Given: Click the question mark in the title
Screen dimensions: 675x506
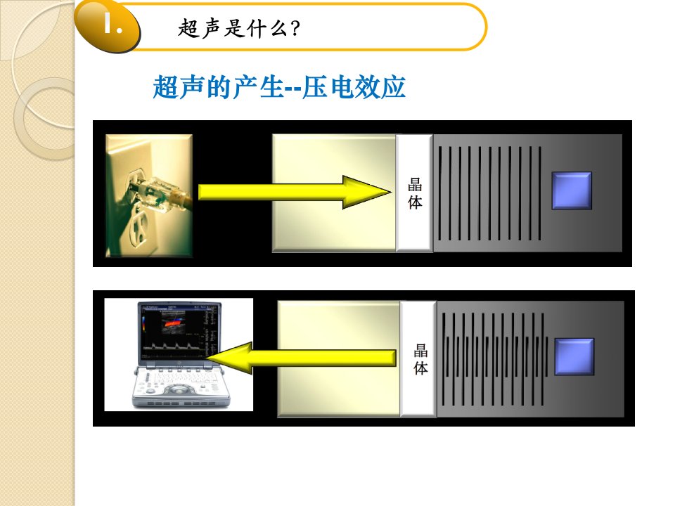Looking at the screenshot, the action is (x=295, y=29).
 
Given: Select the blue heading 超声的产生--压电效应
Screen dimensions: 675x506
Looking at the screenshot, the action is (x=279, y=87).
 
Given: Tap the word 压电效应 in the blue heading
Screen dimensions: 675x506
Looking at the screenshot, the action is (x=354, y=87).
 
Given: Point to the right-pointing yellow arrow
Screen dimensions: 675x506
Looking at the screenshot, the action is (x=295, y=192).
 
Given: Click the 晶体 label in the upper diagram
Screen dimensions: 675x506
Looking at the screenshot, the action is (x=415, y=194).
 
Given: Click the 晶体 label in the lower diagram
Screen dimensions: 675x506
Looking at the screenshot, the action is (x=420, y=359).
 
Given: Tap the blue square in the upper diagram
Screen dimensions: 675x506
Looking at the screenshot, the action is (x=572, y=190).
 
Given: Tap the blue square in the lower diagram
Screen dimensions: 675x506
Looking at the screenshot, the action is (x=574, y=356).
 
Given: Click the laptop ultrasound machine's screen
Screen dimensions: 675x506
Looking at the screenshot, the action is (x=180, y=332).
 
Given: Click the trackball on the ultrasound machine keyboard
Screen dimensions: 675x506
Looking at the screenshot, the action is (x=177, y=390).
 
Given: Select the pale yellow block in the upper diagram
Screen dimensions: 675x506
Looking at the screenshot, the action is (x=334, y=193).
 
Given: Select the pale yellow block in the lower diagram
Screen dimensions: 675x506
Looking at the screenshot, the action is (x=339, y=359).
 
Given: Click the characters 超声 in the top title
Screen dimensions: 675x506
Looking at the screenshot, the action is (x=200, y=29).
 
